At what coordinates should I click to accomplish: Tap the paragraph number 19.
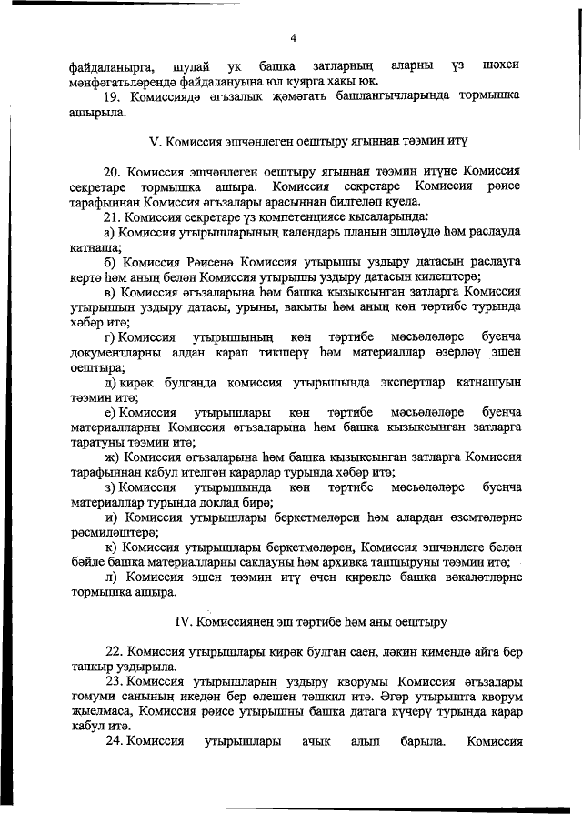112,95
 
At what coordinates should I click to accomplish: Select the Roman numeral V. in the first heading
154,143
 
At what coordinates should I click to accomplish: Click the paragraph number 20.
112,171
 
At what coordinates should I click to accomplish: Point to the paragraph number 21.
112,216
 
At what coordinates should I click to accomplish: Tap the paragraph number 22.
112,651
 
